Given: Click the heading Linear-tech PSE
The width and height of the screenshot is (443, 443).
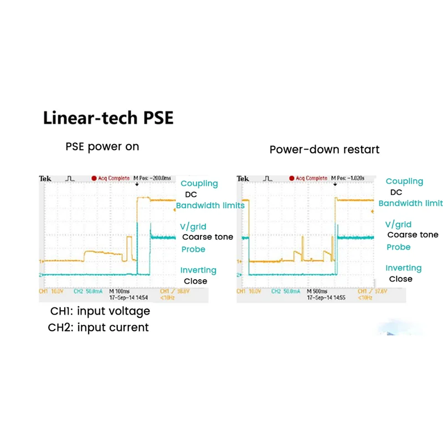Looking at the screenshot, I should [x=109, y=118].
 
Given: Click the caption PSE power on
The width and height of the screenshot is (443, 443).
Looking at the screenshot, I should [x=102, y=147].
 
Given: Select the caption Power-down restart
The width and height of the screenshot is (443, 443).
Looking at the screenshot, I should [x=324, y=150].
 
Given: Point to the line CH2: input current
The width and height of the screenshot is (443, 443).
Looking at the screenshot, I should [x=99, y=327].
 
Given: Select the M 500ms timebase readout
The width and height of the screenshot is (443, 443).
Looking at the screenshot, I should [x=318, y=291].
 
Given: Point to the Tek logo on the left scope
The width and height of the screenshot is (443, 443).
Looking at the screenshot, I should [x=45, y=178].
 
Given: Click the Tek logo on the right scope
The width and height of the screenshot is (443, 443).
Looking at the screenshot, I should [x=243, y=178].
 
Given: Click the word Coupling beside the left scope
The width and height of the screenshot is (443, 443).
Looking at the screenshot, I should [x=199, y=184].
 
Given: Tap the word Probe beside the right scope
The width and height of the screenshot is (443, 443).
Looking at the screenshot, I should [x=399, y=247].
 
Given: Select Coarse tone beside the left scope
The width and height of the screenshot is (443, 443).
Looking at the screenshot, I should [x=208, y=237].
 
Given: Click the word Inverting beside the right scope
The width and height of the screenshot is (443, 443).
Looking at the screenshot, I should [x=404, y=268].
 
